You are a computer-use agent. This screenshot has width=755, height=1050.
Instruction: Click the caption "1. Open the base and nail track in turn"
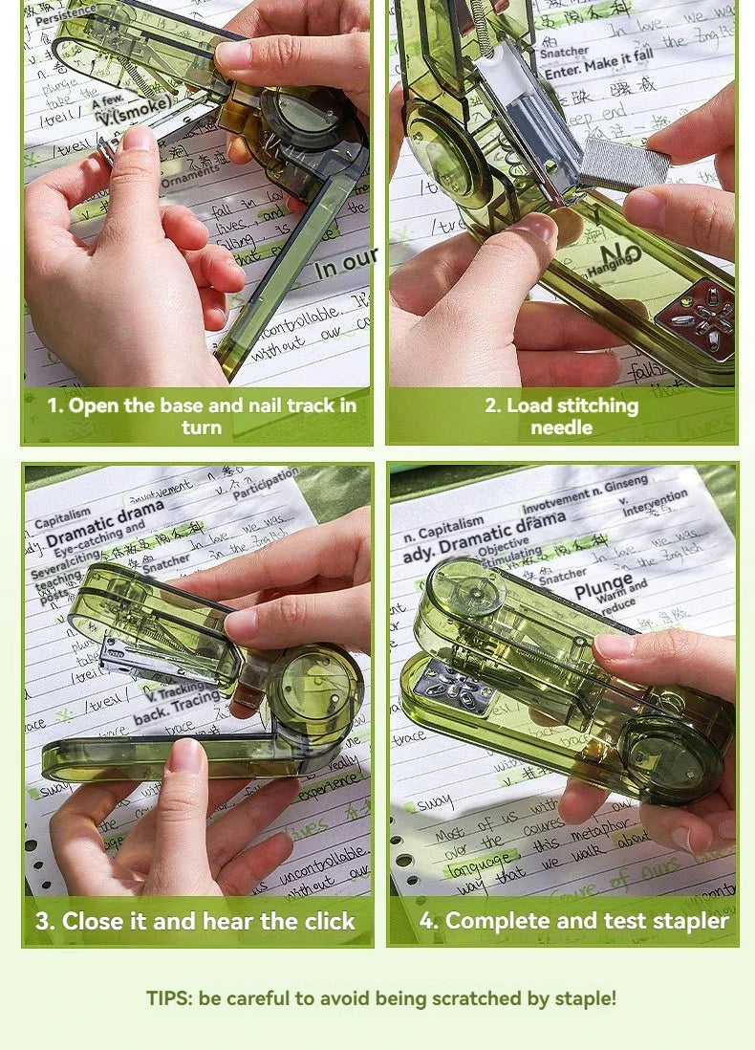201,416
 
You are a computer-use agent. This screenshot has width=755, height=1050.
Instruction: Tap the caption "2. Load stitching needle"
561,416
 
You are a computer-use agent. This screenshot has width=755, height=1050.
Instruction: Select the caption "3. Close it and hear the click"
195,922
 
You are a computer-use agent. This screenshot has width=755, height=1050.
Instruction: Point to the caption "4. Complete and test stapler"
573,922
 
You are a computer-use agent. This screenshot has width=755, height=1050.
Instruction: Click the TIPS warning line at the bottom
381,998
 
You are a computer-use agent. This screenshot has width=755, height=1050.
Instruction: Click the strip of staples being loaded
623,163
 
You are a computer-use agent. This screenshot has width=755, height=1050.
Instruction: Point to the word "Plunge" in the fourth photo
604,585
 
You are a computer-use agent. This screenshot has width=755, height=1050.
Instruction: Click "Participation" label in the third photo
266,484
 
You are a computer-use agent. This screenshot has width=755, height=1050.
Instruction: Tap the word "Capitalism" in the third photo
63,519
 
